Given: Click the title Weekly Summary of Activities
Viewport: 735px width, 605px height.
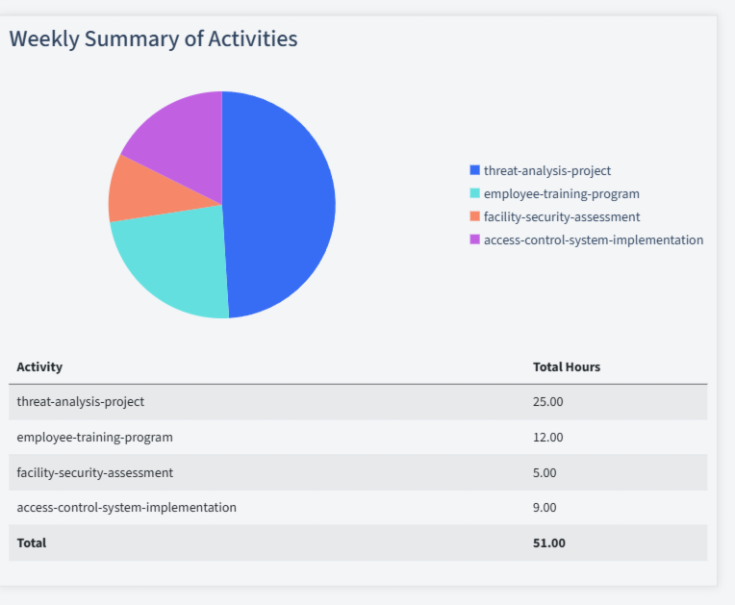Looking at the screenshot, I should tap(153, 38).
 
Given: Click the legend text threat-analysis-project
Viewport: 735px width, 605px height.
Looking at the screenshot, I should tap(546, 170).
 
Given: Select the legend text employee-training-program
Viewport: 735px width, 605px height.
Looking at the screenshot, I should tap(561, 193).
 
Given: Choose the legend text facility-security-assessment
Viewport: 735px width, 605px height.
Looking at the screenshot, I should tap(561, 216).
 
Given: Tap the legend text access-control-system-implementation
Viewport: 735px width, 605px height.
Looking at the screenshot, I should tap(593, 239).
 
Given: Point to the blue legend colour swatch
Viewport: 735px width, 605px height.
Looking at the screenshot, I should tap(474, 170).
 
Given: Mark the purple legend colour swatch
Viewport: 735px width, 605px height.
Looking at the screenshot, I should tap(474, 239).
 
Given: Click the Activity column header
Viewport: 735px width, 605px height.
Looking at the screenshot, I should tap(39, 366).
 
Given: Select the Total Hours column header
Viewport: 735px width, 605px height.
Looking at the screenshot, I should tap(567, 366).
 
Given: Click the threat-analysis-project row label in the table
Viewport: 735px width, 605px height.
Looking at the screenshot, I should tap(81, 401).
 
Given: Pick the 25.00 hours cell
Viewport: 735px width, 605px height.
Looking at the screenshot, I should tap(547, 401).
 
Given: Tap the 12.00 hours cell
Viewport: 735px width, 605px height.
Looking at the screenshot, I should tap(547, 437).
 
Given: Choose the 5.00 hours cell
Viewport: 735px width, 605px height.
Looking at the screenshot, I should tap(545, 472).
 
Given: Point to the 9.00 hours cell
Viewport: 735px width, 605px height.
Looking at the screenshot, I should tap(545, 507).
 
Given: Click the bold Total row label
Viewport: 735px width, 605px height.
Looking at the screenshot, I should tap(32, 542).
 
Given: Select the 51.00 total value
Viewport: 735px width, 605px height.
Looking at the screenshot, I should tap(548, 542).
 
